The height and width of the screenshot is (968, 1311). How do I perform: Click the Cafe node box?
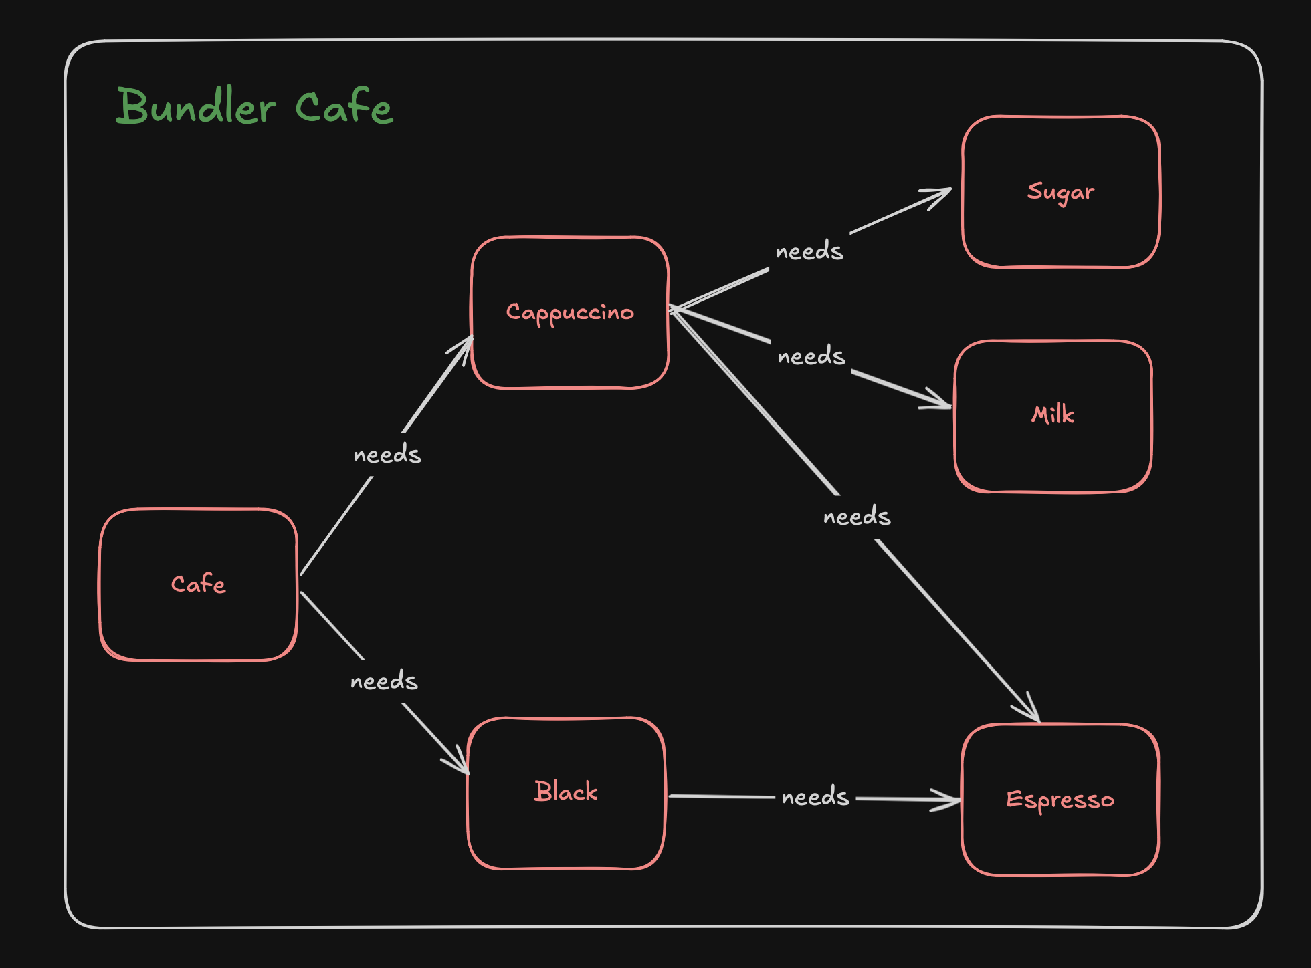198,584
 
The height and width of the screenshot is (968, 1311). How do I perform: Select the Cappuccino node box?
570,312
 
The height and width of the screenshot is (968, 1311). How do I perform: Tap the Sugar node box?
1061,192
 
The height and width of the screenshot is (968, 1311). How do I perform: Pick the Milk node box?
1053,416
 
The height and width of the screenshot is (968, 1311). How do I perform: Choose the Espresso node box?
1060,800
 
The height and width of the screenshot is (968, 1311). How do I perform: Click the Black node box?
566,792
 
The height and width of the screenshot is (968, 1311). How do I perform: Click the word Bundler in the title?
196,107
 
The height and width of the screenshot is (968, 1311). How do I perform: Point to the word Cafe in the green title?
344,107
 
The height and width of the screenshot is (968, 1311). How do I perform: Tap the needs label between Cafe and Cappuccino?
387,455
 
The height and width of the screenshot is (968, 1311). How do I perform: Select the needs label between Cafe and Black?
384,681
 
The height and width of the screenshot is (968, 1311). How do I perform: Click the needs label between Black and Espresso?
815,797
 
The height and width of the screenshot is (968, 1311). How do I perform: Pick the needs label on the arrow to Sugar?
809,251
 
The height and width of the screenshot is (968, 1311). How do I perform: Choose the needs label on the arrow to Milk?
811,356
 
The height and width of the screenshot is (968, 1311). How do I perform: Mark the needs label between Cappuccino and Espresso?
857,517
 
